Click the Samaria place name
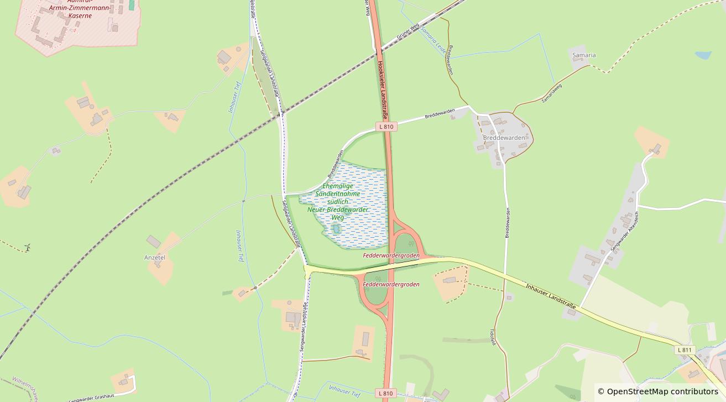tap(584, 55)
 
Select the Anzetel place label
tap(155, 258)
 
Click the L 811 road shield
tap(684, 350)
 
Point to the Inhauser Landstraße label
tap(551, 296)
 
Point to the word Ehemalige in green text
tap(337, 186)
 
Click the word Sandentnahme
tap(337, 194)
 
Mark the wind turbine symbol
tap(27, 247)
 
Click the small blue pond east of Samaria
tap(703, 55)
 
